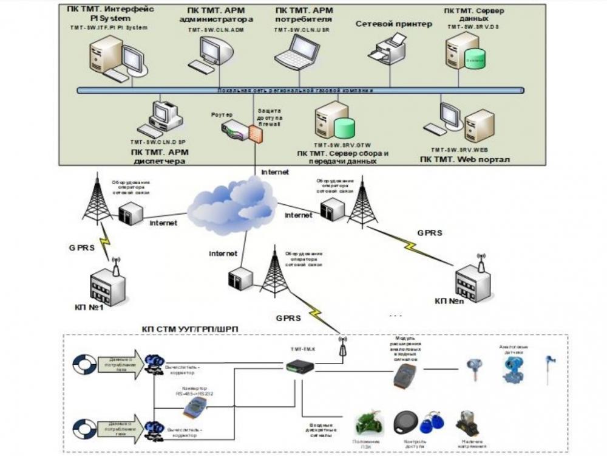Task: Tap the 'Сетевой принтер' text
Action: point(393,24)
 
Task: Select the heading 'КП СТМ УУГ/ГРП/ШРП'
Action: point(190,329)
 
